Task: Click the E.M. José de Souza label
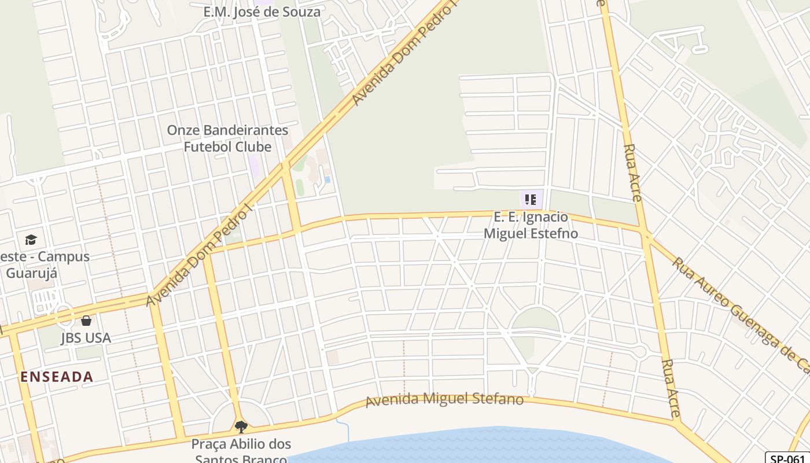[x=262, y=12]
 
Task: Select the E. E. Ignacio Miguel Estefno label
[x=531, y=225]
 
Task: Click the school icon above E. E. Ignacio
[x=531, y=200]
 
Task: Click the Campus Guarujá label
[x=46, y=264]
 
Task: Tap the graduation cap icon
[x=31, y=240]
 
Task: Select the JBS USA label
[x=86, y=338]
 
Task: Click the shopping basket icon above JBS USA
[x=86, y=320]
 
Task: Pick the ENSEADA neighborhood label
[x=57, y=377]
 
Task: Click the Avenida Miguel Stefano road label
[x=444, y=399]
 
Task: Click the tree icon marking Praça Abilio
[x=241, y=427]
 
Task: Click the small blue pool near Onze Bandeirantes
[x=327, y=179]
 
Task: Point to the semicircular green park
[x=536, y=320]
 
